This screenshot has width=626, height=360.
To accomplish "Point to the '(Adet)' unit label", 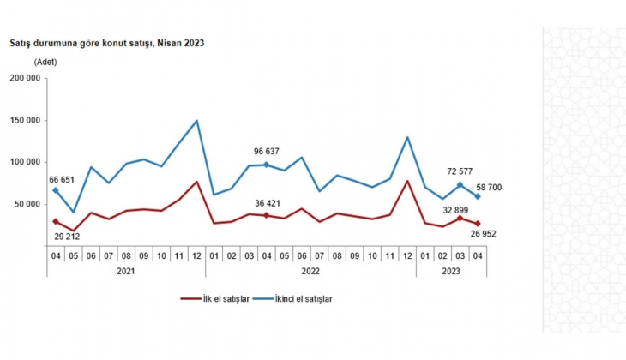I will [46, 63].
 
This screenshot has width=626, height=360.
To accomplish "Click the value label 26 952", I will [485, 233].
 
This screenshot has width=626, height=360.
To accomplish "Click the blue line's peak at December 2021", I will [197, 121].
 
